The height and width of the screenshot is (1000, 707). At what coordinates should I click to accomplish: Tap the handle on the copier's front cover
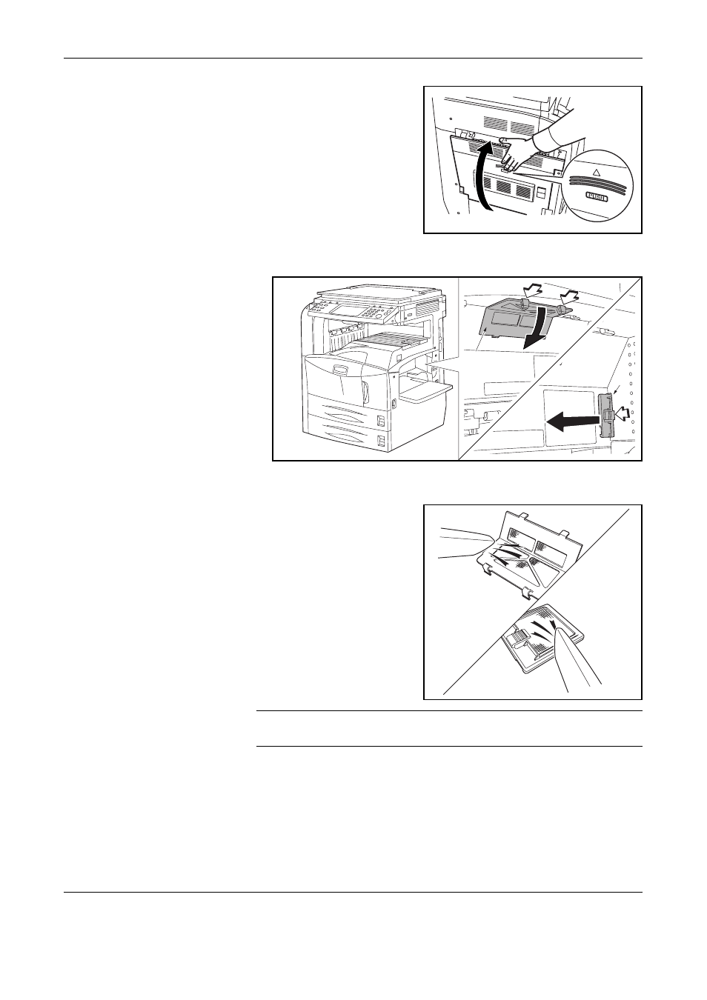(x=340, y=369)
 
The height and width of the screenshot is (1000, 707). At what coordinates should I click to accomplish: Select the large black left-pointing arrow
(x=573, y=420)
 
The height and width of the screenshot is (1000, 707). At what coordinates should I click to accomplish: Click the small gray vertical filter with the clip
(x=605, y=415)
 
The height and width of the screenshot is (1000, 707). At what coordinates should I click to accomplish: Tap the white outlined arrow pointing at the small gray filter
(x=623, y=415)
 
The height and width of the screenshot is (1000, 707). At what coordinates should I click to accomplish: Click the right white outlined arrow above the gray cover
(x=568, y=296)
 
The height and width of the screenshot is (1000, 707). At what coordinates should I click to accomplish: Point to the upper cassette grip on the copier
(x=381, y=420)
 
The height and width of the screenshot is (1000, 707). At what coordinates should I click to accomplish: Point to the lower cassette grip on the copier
(x=381, y=441)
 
